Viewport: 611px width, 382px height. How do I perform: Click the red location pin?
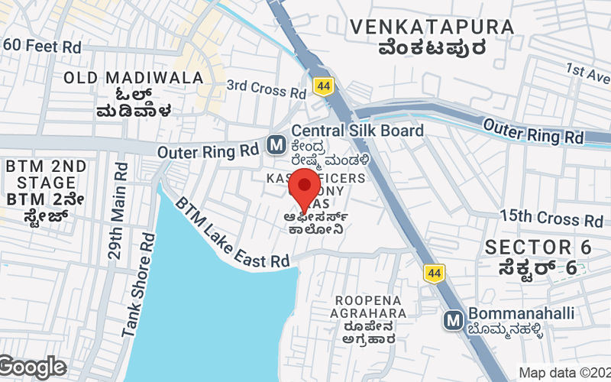[x=306, y=186]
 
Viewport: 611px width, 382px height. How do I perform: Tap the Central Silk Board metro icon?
[x=276, y=144]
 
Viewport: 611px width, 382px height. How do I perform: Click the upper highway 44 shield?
[x=323, y=86]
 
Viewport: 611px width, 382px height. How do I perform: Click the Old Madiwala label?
[x=134, y=78]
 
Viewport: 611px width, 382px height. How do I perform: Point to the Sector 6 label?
[x=538, y=248]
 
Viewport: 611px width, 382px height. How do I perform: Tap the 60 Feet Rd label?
[x=42, y=46]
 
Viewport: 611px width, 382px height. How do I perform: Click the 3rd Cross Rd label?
[x=267, y=89]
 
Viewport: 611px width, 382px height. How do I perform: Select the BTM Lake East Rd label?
[x=233, y=234]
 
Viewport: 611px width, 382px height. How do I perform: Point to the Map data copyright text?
[x=564, y=373]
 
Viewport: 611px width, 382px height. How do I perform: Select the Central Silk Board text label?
[x=357, y=131]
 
